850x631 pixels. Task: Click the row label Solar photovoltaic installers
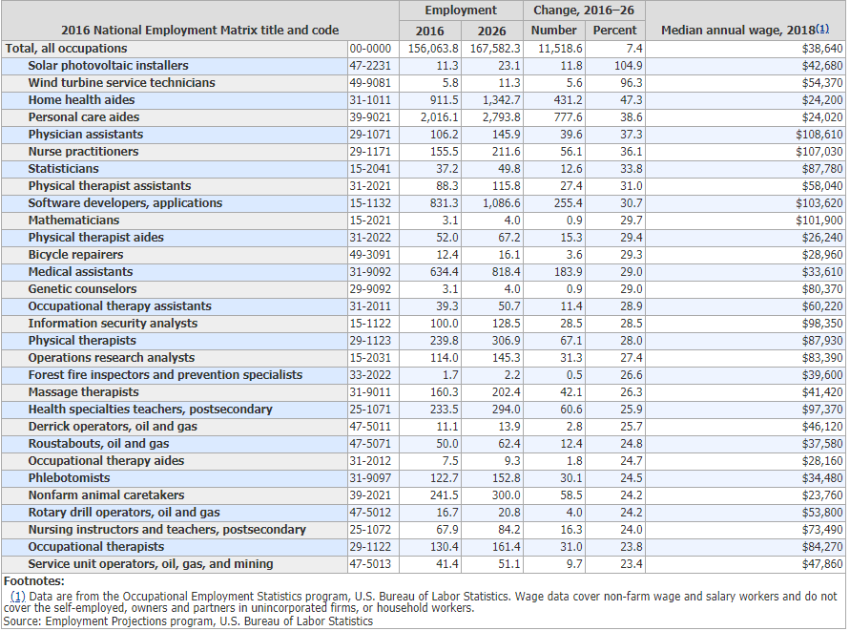(108, 66)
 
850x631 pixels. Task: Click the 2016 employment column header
(430, 31)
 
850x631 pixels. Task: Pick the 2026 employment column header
(491, 31)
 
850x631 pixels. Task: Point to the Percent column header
(614, 31)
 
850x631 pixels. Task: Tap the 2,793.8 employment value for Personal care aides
(499, 117)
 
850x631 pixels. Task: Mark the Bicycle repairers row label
(75, 255)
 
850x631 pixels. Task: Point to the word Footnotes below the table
(34, 580)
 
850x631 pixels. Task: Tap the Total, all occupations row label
(66, 49)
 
